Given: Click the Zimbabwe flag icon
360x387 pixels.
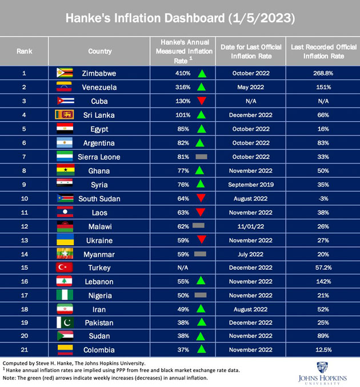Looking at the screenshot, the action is pos(65,73).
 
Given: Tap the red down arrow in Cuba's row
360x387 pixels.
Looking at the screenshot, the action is pos(202,101).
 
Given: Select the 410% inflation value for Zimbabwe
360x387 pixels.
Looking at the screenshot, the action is pos(183,73).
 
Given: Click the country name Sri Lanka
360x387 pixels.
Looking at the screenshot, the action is pos(99,115).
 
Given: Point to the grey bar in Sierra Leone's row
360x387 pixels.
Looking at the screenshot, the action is pos(201,157).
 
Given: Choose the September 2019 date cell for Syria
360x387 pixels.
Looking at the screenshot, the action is pos(251,185).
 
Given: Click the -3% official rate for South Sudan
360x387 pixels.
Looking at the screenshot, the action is pos(323,199).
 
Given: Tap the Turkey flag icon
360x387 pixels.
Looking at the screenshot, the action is pos(65,268).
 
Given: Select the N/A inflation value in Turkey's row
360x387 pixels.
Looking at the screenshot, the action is pos(183,268).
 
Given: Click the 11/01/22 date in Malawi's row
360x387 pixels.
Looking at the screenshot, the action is pos(251,226).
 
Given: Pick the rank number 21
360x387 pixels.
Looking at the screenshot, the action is pos(25,350).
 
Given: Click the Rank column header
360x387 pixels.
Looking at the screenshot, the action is pos(24,51).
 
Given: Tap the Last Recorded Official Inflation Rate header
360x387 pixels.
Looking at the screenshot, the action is pos(323,51).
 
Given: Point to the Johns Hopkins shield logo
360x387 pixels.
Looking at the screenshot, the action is pos(322,368).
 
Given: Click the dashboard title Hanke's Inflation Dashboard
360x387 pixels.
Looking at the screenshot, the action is pos(145,18).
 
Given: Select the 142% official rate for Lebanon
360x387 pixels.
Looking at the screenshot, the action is pos(323,282).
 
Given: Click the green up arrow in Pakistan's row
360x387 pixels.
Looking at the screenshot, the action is pos(202,322).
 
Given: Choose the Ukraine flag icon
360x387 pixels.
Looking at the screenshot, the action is pos(65,240).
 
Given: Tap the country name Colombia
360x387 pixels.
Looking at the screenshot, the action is pos(99,350).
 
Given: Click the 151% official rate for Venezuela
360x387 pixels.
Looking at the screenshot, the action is pos(323,87).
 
